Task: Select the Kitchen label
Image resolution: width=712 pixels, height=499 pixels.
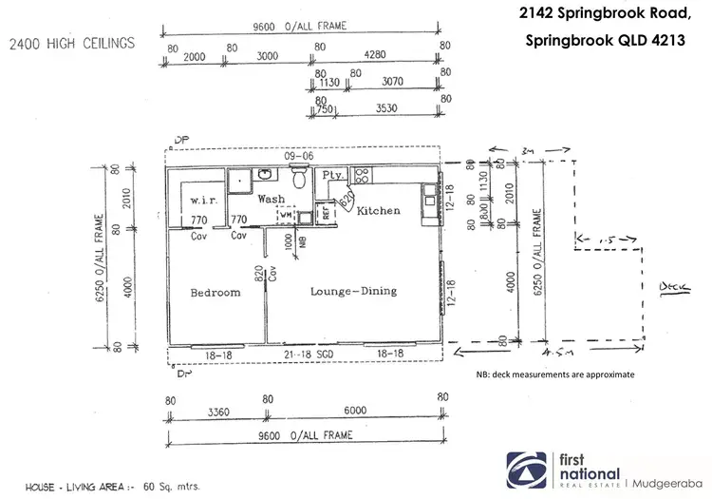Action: point(379,210)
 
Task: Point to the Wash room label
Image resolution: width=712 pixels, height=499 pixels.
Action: point(272,200)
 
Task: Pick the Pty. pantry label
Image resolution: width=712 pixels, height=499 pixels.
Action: point(333,176)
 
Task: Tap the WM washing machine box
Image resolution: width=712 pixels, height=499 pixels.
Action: point(286,216)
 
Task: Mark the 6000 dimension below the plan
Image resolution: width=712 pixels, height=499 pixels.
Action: point(353,413)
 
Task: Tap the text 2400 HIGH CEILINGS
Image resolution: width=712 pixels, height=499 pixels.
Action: point(72,43)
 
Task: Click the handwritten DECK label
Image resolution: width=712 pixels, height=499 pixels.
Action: point(670,285)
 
